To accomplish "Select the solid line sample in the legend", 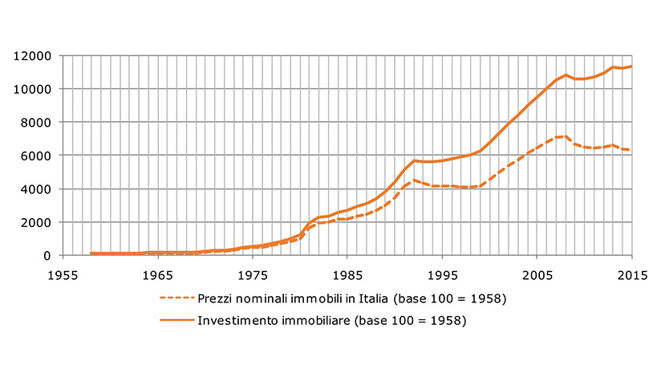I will pos(176,322).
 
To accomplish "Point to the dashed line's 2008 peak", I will pos(566,136).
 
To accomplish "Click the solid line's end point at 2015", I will pos(632,66).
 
